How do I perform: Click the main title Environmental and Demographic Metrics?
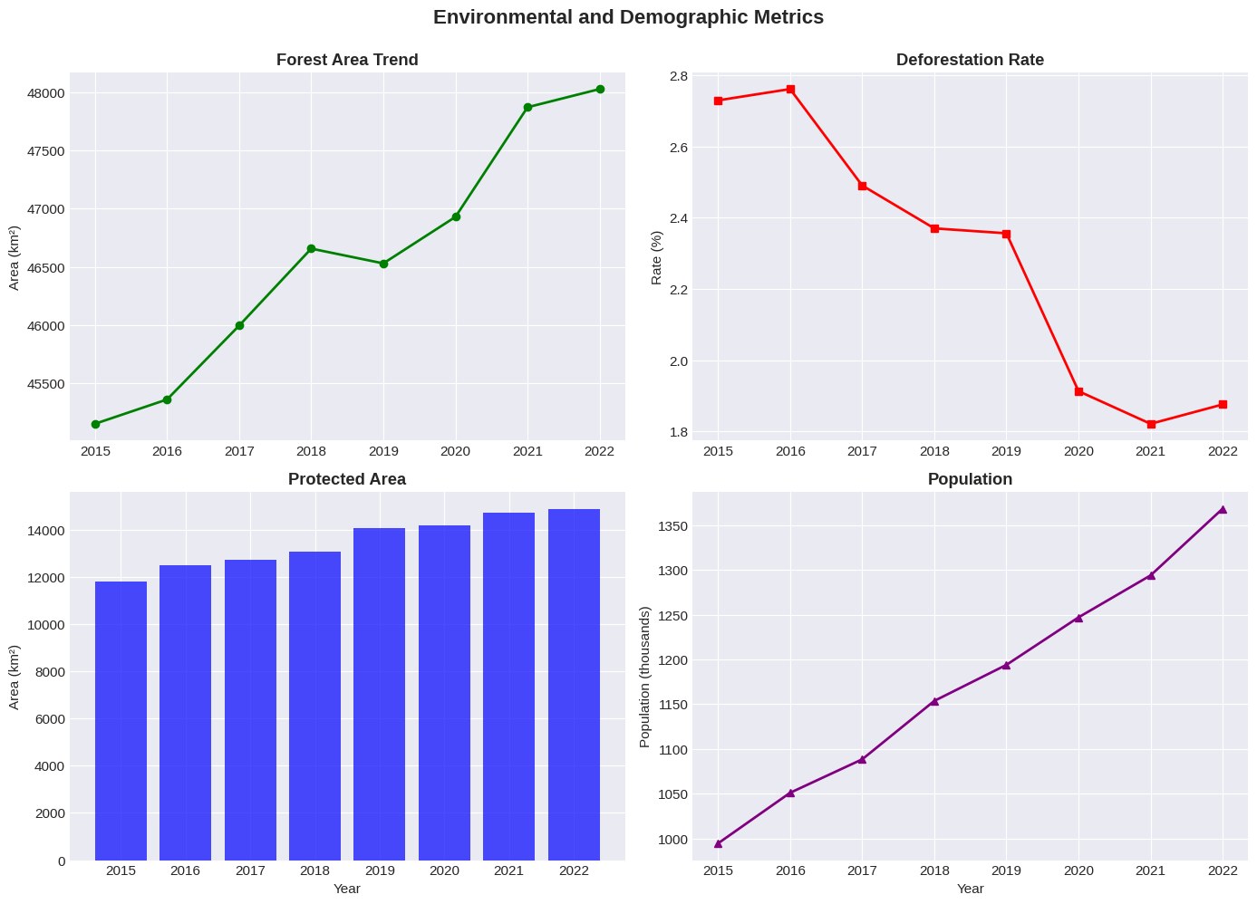pos(628,17)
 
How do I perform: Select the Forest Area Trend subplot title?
pos(347,61)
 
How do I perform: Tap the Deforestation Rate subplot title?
pos(970,61)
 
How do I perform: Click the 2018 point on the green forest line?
pos(311,248)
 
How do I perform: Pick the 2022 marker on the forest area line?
pos(600,89)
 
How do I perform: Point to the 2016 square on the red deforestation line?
pos(790,89)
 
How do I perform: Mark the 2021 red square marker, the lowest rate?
pos(1151,424)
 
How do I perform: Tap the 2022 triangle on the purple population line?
pos(1223,509)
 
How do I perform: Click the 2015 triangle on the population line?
pos(718,843)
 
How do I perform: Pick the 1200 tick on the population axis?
pos(672,659)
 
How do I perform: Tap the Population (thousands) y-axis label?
pos(645,677)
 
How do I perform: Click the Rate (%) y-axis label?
pos(657,257)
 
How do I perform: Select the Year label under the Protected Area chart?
pos(347,889)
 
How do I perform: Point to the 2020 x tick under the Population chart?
pos(1078,871)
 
